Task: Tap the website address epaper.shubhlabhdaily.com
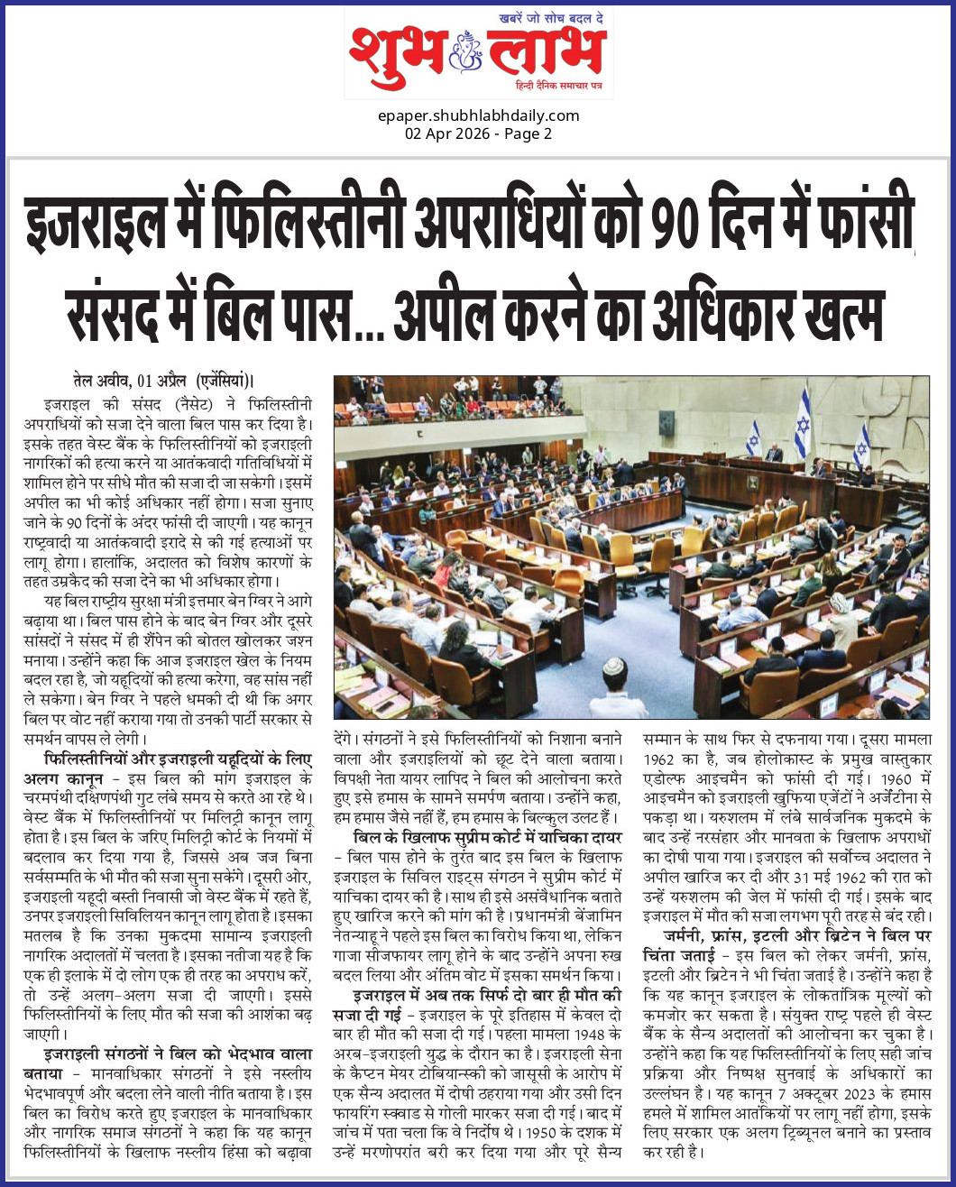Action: pyautogui.click(x=477, y=115)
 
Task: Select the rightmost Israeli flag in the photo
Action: pyautogui.click(x=862, y=445)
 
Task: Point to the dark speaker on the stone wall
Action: pyautogui.click(x=666, y=422)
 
